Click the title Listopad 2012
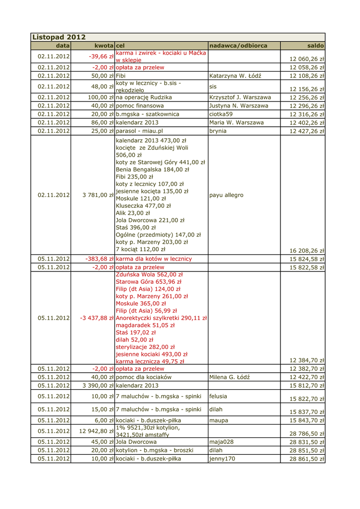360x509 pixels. pyautogui.click(x=59, y=37)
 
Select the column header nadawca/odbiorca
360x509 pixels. pyautogui.click(x=238, y=45)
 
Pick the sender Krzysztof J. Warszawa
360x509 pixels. pyautogui.click(x=240, y=97)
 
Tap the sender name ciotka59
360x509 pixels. pyautogui.click(x=221, y=114)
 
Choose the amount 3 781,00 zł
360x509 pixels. pyautogui.click(x=98, y=195)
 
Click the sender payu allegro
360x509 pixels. pyautogui.click(x=226, y=195)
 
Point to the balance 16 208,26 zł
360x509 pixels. pyautogui.click(x=307, y=251)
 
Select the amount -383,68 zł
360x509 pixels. pyautogui.click(x=99, y=259)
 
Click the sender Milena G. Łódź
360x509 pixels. pyautogui.click(x=229, y=377)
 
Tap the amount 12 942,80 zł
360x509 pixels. pyautogui.click(x=96, y=431)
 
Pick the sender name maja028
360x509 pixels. pyautogui.click(x=221, y=441)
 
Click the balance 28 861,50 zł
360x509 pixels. pyautogui.click(x=307, y=459)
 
